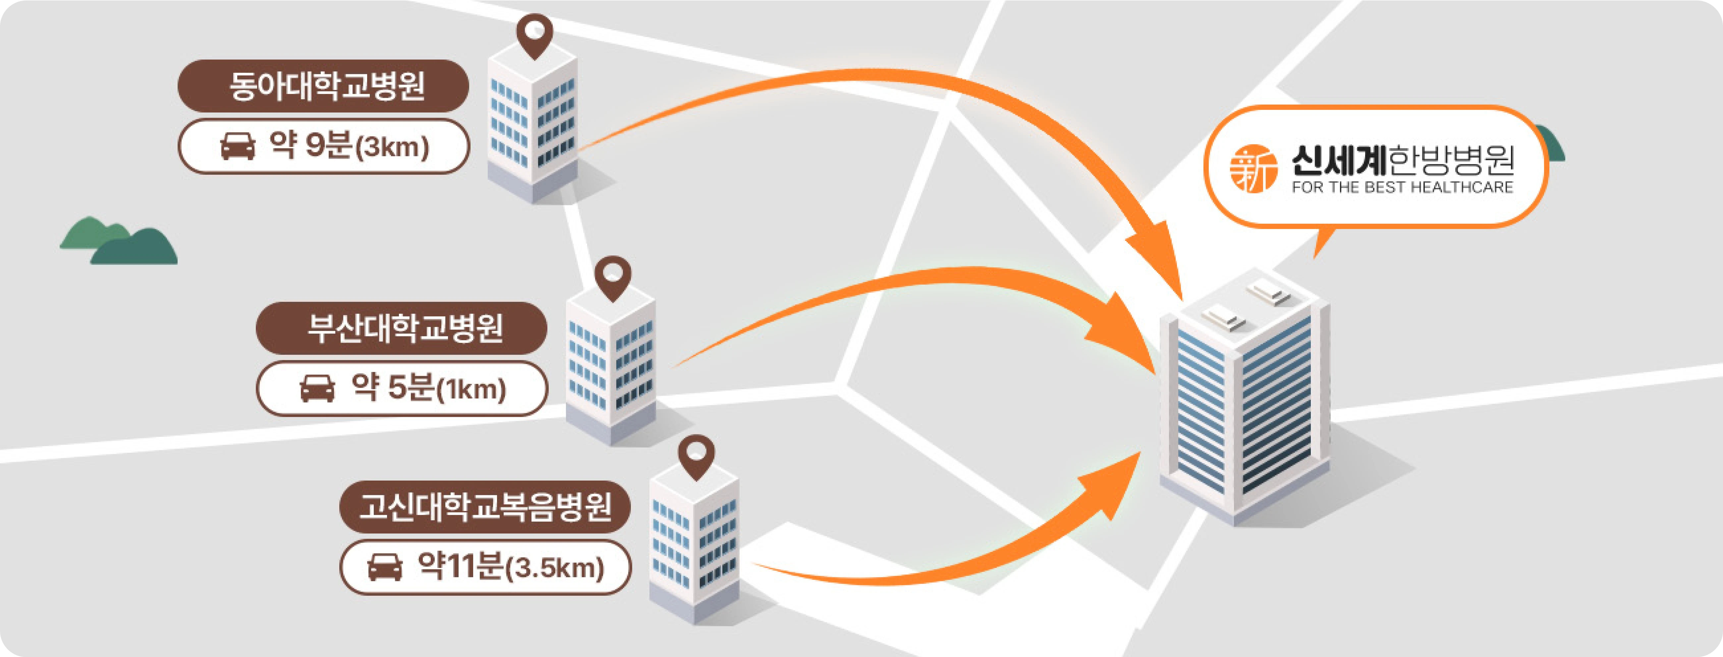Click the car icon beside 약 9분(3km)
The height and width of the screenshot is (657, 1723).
tap(238, 146)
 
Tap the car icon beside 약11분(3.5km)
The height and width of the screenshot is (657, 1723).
tap(385, 567)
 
